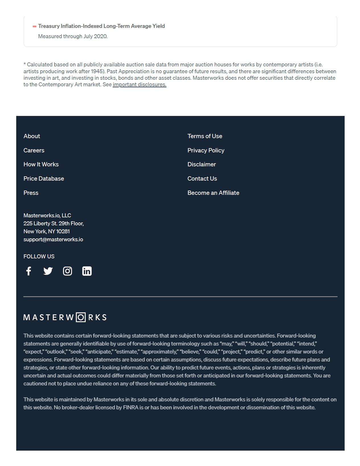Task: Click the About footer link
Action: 32,136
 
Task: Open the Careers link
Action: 34,150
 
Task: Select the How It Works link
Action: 41,164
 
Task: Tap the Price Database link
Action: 44,179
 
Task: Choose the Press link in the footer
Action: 31,193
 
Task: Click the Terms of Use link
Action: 205,136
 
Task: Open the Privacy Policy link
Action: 206,150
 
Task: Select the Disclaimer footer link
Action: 201,164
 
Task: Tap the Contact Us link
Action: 202,179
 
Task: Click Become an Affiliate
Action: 213,193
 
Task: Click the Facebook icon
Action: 28,271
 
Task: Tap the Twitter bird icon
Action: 48,271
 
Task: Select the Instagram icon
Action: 67,271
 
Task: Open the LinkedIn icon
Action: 87,271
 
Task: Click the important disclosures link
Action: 139,85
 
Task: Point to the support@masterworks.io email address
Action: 53,240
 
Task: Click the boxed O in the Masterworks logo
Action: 81,317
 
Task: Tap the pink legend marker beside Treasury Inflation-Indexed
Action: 34,26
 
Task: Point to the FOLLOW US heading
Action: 39,257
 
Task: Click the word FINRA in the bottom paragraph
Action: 131,408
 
